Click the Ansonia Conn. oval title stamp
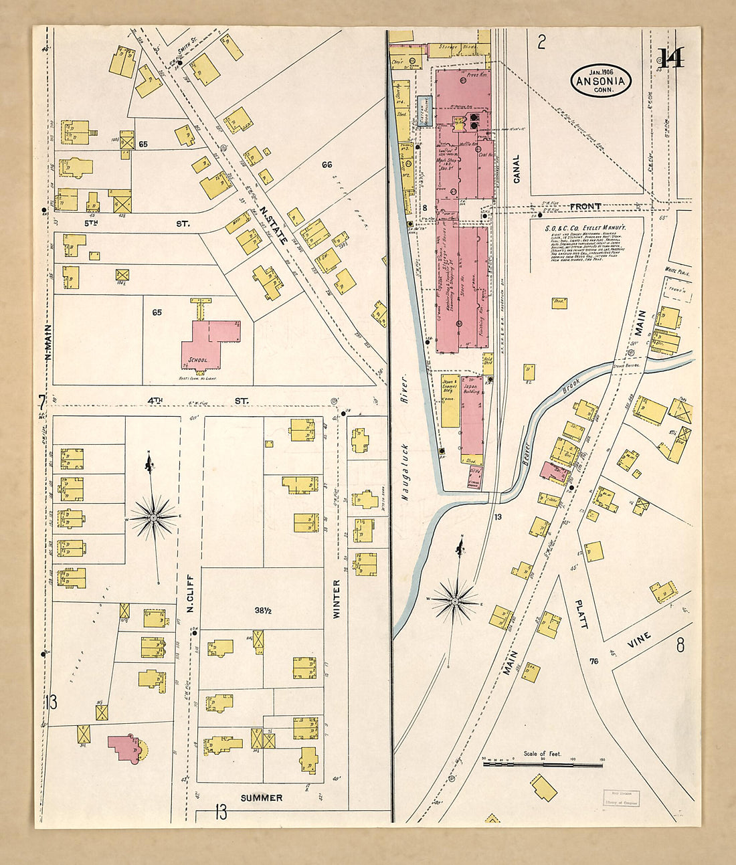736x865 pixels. click(601, 82)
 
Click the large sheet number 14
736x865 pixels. click(671, 59)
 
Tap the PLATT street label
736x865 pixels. click(581, 613)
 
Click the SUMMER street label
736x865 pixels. click(262, 797)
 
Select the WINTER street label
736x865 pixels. click(337, 598)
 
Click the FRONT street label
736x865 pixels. click(585, 207)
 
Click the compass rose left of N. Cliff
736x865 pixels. click(153, 516)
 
